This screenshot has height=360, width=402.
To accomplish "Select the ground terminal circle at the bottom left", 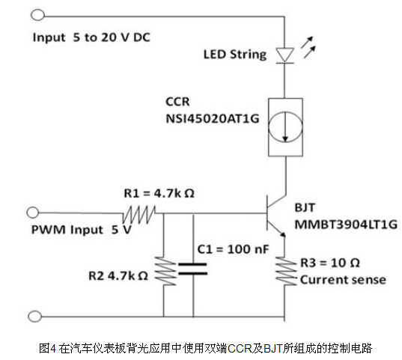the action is click(34, 316).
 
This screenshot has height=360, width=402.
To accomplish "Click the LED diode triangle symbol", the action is click(284, 55).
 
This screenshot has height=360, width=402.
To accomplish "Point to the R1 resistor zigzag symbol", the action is click(139, 214).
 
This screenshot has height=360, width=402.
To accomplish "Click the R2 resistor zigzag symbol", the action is click(165, 271).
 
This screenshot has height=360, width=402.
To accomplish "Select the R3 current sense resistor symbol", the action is click(285, 271).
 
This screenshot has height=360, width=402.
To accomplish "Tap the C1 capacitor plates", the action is click(193, 269).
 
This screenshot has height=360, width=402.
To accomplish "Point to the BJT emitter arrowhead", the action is click(282, 234).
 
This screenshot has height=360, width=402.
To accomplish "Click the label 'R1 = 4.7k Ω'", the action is click(159, 194).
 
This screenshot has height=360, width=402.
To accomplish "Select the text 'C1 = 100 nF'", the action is click(233, 249).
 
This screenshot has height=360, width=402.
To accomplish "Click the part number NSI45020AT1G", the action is click(213, 119).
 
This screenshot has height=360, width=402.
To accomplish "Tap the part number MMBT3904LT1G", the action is click(346, 225).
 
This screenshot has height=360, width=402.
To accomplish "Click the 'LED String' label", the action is click(235, 55).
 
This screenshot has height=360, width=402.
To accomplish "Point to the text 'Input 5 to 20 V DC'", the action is click(91, 37).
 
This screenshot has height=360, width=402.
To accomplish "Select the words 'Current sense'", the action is click(343, 279).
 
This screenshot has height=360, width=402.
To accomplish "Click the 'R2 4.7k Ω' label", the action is click(118, 276).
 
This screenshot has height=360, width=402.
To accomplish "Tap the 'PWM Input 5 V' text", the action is click(82, 230).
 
